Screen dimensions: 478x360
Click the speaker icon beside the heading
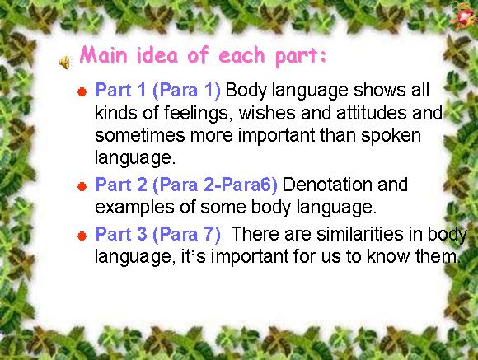click(64, 63)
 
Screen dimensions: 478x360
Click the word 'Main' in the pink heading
click(103, 55)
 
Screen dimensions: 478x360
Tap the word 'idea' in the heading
click(157, 55)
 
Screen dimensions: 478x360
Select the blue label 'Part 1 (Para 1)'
click(158, 91)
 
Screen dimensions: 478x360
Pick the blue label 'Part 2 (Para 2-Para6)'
click(186, 185)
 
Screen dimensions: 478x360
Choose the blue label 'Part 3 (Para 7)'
click(158, 235)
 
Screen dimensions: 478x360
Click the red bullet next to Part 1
click(82, 91)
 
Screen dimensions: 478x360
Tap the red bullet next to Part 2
click(82, 186)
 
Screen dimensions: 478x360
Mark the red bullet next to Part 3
click(82, 236)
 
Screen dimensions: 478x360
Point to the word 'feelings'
click(196, 114)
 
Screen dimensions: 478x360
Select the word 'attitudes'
click(372, 113)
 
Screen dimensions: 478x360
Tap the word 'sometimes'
click(140, 135)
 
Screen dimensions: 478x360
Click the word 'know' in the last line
click(388, 256)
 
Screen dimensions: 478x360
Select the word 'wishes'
click(267, 113)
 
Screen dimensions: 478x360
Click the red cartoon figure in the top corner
click(463, 16)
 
